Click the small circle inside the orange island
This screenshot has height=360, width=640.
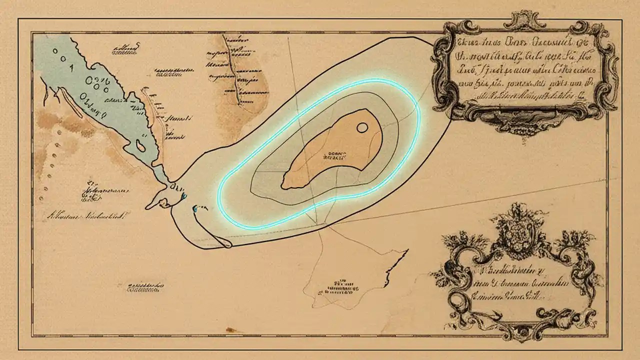pyautogui.click(x=362, y=128)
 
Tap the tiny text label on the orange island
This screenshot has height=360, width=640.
pyautogui.click(x=336, y=155)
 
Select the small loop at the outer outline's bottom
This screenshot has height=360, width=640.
pyautogui.click(x=224, y=243)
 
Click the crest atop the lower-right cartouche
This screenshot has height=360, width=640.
pyautogui.click(x=520, y=222)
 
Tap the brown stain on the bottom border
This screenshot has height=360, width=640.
pyautogui.click(x=233, y=330)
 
